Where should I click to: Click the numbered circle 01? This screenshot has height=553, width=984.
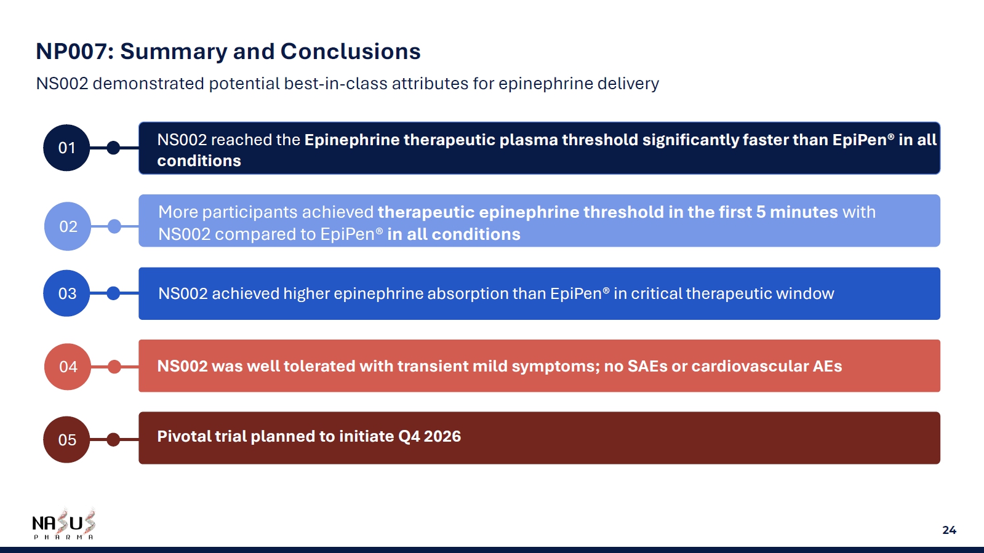67,148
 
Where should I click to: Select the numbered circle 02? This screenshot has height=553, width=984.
68,226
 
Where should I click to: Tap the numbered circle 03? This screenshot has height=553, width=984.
67,293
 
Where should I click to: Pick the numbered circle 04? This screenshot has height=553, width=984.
68,367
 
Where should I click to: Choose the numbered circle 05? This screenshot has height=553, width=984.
67,439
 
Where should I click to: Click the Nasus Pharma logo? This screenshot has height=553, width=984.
64,524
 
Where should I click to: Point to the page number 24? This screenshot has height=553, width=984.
950,530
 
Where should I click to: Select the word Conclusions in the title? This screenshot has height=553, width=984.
351,52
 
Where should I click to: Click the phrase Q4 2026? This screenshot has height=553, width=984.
430,437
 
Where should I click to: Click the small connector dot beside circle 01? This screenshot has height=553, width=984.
113,148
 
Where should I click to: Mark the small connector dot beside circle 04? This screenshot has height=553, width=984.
114,367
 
